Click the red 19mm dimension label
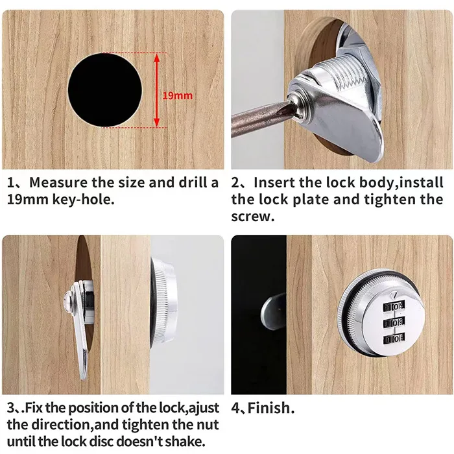coord(177,95)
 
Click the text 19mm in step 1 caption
coord(26,199)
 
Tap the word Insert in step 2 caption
coord(275,182)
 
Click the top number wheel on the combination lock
coord(391,304)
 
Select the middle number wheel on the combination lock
coord(391,322)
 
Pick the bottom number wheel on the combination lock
coord(391,339)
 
